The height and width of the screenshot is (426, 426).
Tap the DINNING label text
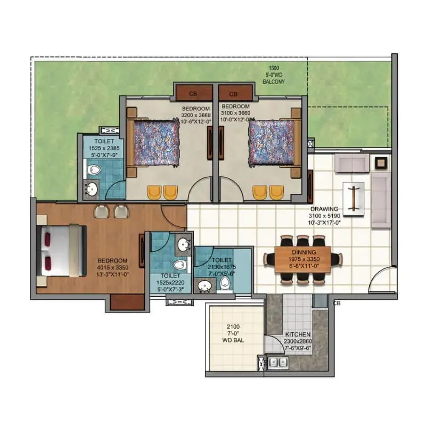click(304, 252)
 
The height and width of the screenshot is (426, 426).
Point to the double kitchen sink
click(276, 363)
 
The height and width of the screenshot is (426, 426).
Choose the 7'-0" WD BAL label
click(233, 333)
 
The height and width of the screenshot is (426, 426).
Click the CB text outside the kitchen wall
click(337, 303)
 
